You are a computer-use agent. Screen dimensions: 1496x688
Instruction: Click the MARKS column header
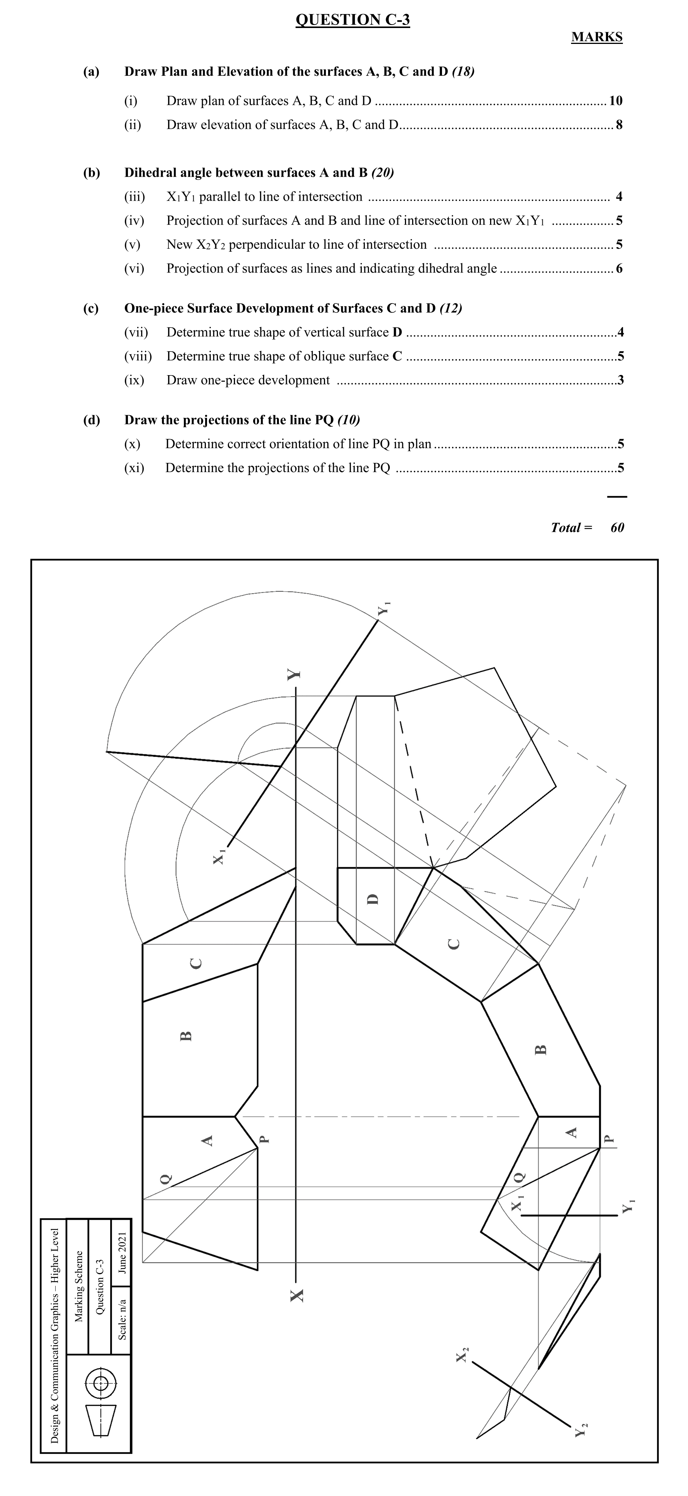tap(596, 37)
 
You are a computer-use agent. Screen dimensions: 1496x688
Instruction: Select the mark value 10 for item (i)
tap(615, 101)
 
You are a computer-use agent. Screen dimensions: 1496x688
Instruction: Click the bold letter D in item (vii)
tap(397, 332)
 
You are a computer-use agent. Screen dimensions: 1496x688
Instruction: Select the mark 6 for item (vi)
tap(619, 268)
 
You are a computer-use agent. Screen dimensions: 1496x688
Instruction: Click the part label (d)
tap(91, 420)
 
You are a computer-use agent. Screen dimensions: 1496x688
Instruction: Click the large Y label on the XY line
tap(294, 674)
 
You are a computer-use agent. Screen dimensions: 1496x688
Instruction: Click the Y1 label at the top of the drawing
tap(384, 610)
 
